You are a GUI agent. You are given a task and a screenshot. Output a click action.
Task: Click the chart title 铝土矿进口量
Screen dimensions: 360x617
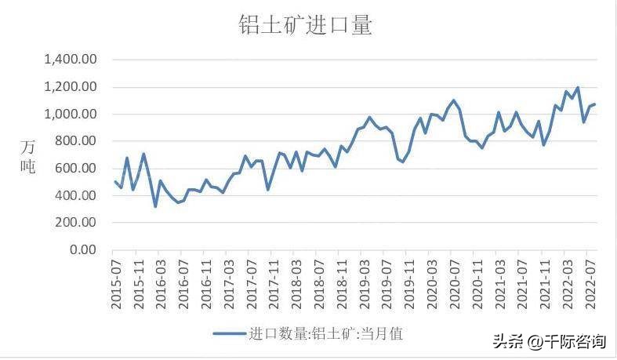[305, 25]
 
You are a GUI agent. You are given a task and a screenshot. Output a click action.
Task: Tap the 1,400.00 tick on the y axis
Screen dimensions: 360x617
[70, 60]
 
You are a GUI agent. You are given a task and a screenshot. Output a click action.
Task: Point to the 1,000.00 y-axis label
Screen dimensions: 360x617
[70, 114]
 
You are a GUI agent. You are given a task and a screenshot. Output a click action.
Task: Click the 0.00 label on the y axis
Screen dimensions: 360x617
[82, 250]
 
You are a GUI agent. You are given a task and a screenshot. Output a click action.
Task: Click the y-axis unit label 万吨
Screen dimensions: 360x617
[27, 156]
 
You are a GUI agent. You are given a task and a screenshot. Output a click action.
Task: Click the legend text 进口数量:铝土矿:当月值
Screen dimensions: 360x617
[325, 333]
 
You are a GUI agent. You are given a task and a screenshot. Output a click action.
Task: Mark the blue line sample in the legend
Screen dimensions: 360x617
[228, 333]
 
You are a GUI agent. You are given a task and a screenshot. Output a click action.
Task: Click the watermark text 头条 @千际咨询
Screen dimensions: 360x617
[549, 341]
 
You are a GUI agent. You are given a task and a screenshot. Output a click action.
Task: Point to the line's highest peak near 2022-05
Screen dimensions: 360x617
[577, 88]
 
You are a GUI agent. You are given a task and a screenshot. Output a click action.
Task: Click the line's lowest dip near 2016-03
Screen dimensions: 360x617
[155, 206]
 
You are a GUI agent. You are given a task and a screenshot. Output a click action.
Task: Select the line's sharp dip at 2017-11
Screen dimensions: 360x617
[267, 189]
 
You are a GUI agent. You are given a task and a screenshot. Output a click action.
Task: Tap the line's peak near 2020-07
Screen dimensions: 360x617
[453, 100]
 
